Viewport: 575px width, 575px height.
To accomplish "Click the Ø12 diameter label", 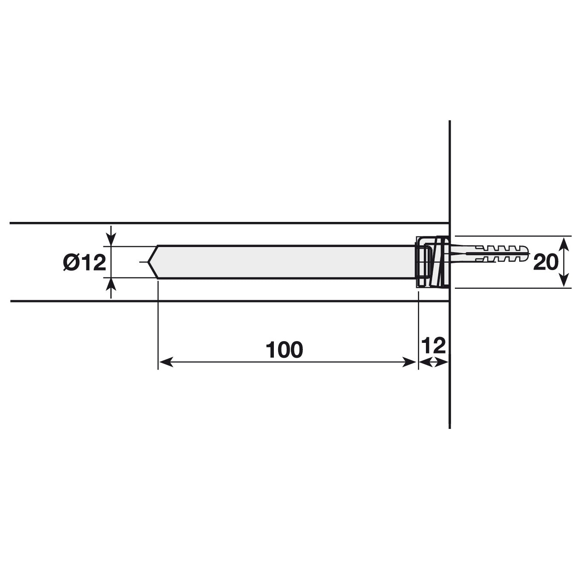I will click(x=84, y=262).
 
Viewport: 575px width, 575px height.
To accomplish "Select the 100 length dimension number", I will click(x=284, y=350).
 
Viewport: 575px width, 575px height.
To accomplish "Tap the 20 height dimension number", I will click(x=546, y=262).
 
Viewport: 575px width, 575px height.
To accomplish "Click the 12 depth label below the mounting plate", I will click(x=433, y=345).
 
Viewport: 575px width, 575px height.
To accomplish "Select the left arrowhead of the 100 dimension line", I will click(x=164, y=362).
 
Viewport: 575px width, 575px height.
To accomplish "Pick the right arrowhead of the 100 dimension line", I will click(x=410, y=362).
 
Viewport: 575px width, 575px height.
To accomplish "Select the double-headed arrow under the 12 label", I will click(x=433, y=362).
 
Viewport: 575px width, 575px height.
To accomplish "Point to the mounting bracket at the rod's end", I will click(x=431, y=262).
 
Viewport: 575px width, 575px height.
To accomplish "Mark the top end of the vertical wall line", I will click(x=450, y=122).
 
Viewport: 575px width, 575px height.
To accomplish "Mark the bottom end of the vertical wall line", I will click(x=450, y=427).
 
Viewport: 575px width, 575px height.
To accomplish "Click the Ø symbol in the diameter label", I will click(x=70, y=262).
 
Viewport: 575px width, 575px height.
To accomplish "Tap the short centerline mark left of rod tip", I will click(x=142, y=262).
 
